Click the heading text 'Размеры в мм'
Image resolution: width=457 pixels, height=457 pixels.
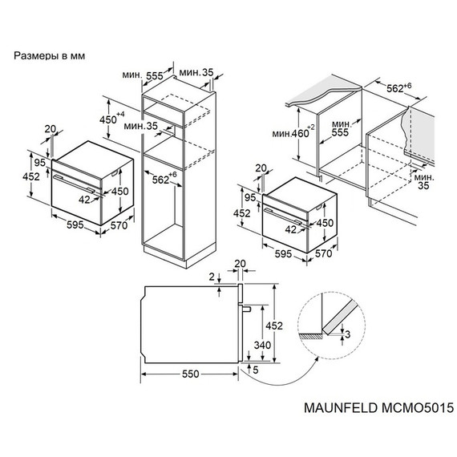[x=49, y=57]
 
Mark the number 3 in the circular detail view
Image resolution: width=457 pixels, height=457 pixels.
[x=347, y=334]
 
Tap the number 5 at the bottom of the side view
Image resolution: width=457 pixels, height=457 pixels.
[x=254, y=370]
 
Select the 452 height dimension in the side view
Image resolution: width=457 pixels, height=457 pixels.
[x=274, y=326]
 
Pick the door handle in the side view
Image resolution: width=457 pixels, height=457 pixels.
[x=248, y=309]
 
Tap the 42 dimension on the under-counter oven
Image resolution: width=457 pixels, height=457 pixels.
[x=290, y=228]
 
